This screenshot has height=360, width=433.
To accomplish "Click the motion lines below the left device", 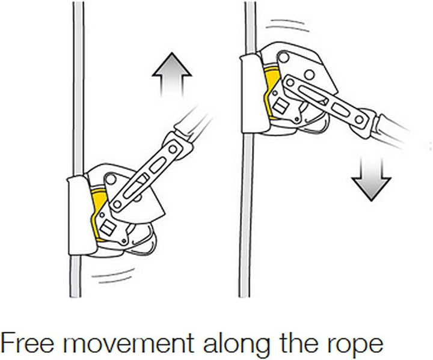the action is [113, 275].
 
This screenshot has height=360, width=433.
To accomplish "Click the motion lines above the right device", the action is [287, 25].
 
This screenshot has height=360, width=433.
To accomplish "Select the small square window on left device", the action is [108, 228].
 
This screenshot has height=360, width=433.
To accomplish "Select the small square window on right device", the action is [280, 106].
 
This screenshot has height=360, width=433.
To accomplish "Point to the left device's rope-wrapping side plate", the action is [79, 215].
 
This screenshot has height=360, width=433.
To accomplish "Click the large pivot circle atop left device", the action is [111, 180].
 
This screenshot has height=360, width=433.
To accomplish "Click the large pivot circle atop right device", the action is [283, 58].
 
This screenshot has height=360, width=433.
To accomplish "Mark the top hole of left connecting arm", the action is [173, 149].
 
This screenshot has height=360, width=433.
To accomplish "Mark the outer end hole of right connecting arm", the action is [358, 120].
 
